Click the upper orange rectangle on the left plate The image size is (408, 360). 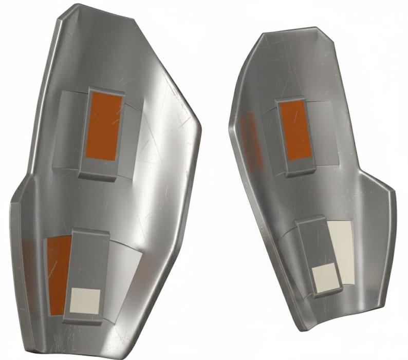coord(104,127)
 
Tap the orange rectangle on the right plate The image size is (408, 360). coord(296,130)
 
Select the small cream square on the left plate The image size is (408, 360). coord(85,301)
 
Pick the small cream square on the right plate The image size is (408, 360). coord(325,279)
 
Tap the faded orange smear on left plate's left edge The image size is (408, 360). coord(28,272)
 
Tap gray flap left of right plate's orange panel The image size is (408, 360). coord(271,136)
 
